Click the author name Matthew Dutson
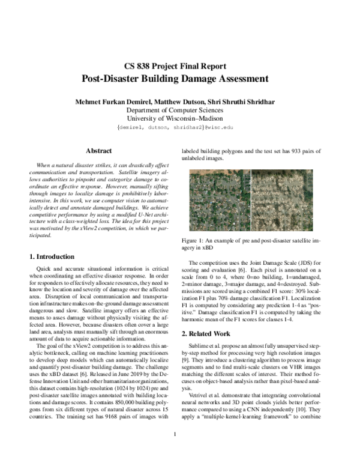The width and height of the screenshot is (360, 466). click(183, 100)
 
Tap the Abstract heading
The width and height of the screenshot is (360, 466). click(99, 151)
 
